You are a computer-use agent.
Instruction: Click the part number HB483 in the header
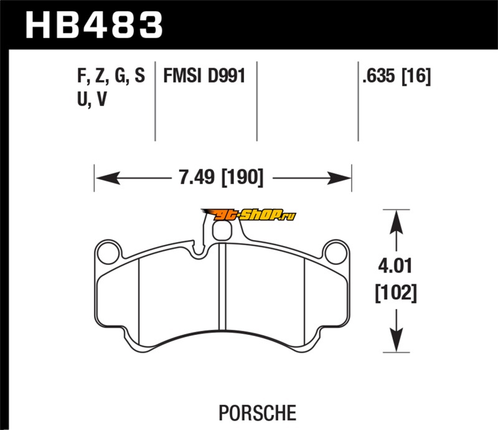click(95, 25)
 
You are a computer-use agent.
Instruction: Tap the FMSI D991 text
click(204, 76)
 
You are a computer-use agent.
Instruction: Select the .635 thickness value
click(378, 76)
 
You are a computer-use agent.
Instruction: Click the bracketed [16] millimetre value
click(416, 76)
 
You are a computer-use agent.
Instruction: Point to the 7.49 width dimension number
click(197, 177)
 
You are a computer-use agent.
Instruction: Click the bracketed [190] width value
click(242, 177)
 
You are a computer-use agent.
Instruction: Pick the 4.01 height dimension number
click(395, 266)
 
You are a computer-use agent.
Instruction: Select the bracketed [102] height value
click(396, 293)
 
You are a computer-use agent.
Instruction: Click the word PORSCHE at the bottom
click(257, 413)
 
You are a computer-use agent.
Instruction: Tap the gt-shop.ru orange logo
click(248, 215)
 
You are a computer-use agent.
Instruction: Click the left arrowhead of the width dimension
click(107, 178)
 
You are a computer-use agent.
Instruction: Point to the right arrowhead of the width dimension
click(339, 178)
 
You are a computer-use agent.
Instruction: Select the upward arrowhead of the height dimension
click(396, 223)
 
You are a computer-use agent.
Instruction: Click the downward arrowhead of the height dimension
click(396, 340)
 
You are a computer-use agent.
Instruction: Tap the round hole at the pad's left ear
click(108, 253)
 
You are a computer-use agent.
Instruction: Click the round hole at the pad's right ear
click(336, 253)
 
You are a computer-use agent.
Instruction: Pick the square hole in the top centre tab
click(222, 231)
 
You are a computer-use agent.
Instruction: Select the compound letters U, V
click(92, 99)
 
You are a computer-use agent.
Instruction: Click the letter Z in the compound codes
click(101, 76)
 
